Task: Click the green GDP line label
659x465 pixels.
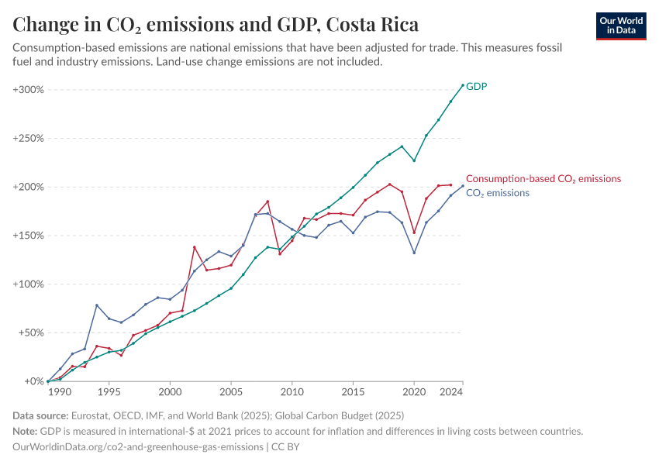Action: tap(476, 86)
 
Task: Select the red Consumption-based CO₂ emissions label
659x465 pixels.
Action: tap(543, 179)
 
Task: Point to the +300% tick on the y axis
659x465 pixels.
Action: tap(29, 90)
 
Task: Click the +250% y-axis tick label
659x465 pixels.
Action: tap(29, 139)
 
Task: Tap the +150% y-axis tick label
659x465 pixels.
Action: tap(29, 236)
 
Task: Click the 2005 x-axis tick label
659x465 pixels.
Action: tap(231, 393)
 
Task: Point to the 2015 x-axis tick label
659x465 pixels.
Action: tap(353, 393)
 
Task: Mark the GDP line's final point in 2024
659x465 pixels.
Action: tap(463, 85)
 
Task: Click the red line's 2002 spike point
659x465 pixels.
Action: tap(195, 247)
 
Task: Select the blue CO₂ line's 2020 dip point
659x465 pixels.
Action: tap(414, 253)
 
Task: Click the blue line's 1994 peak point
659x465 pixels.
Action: tap(97, 305)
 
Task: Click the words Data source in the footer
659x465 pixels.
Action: tap(43, 416)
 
